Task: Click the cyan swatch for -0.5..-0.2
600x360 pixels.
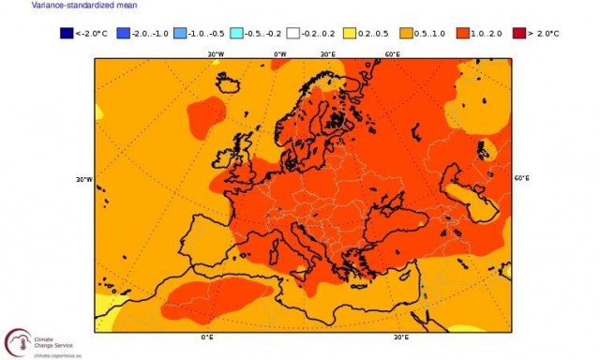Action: click(236, 34)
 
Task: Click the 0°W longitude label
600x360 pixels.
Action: click(279, 53)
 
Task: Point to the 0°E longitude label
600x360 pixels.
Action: click(207, 337)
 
